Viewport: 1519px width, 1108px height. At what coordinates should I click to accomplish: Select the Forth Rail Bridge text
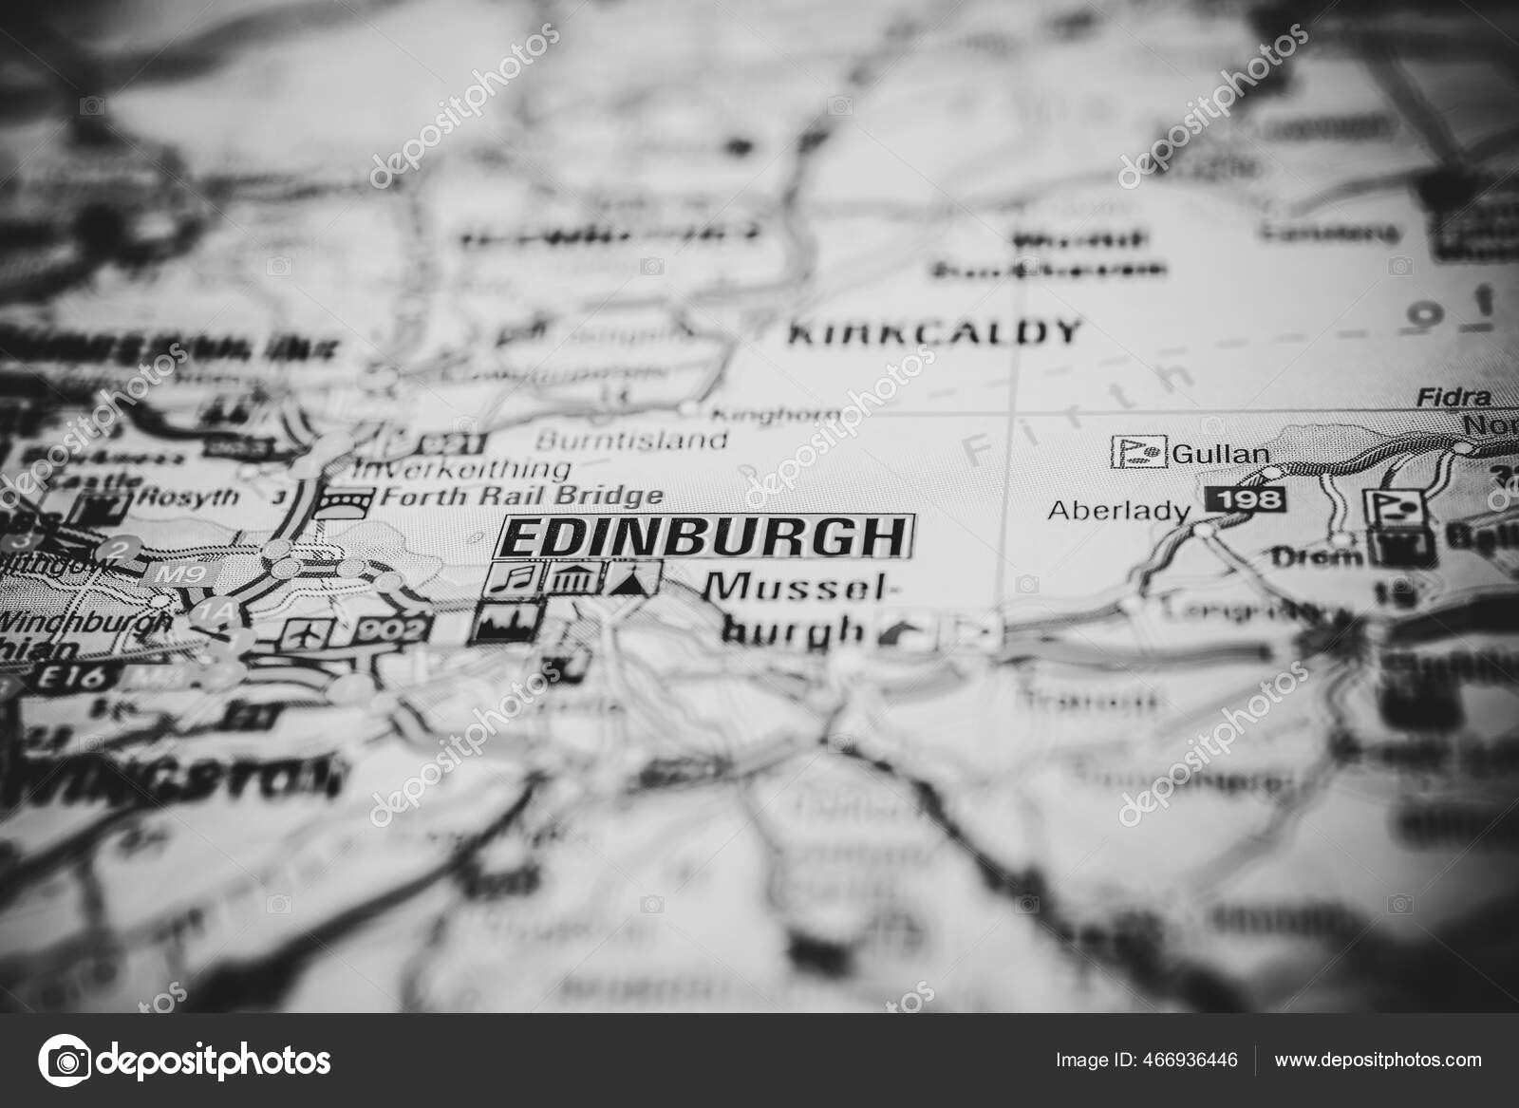pos(520,496)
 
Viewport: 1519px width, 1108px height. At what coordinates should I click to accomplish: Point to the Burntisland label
pos(631,441)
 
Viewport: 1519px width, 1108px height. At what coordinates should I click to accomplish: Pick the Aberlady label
pos(1117,511)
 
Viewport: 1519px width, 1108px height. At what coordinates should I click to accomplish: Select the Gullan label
pos(1221,454)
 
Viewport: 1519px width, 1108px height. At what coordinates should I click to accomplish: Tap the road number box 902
pos(393,627)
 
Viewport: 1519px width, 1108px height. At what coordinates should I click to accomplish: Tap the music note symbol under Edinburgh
pos(516,576)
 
